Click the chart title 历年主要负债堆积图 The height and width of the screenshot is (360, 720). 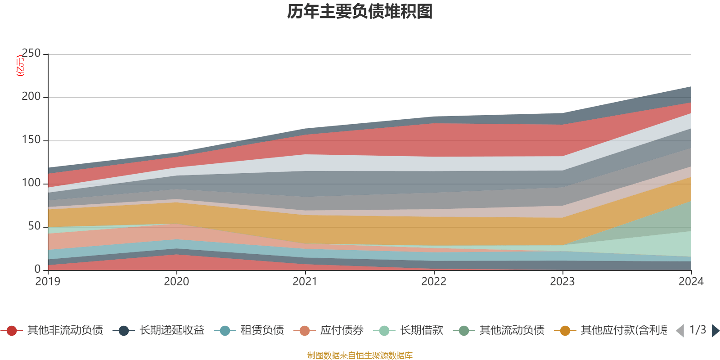(x=360, y=12)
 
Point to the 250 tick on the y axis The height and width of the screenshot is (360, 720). (x=31, y=54)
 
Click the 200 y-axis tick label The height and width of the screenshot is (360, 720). (x=31, y=97)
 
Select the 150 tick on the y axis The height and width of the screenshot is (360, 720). (x=31, y=140)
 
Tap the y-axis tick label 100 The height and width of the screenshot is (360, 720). (x=31, y=183)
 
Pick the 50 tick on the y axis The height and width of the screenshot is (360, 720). (x=34, y=226)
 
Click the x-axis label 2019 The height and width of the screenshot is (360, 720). (x=48, y=282)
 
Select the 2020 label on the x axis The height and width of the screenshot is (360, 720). (x=176, y=282)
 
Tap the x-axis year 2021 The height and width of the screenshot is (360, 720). (x=305, y=282)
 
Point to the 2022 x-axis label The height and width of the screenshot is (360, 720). (x=434, y=282)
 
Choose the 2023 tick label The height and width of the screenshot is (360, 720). (x=562, y=282)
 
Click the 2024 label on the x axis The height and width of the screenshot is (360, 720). (x=691, y=282)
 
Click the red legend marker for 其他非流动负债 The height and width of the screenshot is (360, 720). (x=12, y=331)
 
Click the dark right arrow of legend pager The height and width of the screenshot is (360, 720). (x=715, y=331)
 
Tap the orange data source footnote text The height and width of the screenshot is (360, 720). (x=360, y=355)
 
